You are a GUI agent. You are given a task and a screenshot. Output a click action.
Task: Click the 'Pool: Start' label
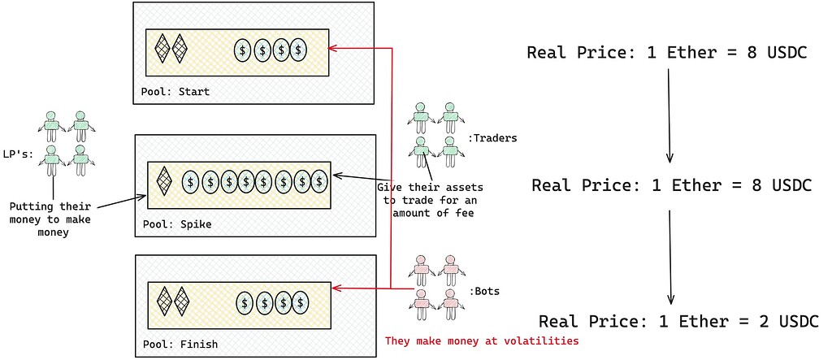pos(175,92)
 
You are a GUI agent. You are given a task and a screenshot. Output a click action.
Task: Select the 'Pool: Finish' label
pos(180,344)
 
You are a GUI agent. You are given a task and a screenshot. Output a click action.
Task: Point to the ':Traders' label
pos(492,138)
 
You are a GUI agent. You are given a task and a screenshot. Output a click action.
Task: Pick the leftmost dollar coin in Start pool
pos(243,50)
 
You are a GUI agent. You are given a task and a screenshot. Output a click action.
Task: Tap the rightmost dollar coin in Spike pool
pos(320,181)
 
